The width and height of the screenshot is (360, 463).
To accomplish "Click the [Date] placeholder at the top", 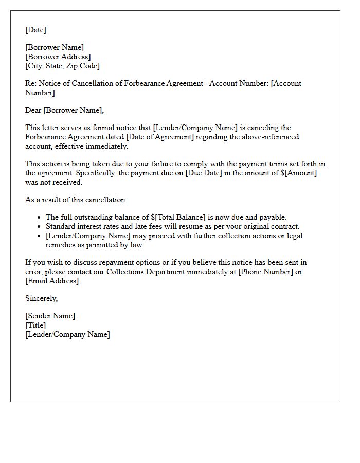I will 35,30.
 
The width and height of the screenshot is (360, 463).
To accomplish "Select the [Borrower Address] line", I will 58,57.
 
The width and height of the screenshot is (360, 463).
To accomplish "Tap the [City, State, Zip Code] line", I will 63,66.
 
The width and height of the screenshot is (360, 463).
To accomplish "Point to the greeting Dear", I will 33,110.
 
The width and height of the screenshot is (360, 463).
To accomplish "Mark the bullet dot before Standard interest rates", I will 40,227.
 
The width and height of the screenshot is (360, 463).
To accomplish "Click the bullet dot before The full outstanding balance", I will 40,218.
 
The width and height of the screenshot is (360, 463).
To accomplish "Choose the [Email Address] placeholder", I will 52,281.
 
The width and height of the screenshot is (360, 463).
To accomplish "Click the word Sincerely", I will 41,298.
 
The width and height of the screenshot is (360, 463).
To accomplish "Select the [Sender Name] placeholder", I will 50,316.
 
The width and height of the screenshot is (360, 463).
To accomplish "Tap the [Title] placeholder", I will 35,325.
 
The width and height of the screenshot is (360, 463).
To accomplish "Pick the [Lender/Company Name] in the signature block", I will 67,334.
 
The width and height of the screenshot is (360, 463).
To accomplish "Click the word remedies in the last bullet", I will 62,245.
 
